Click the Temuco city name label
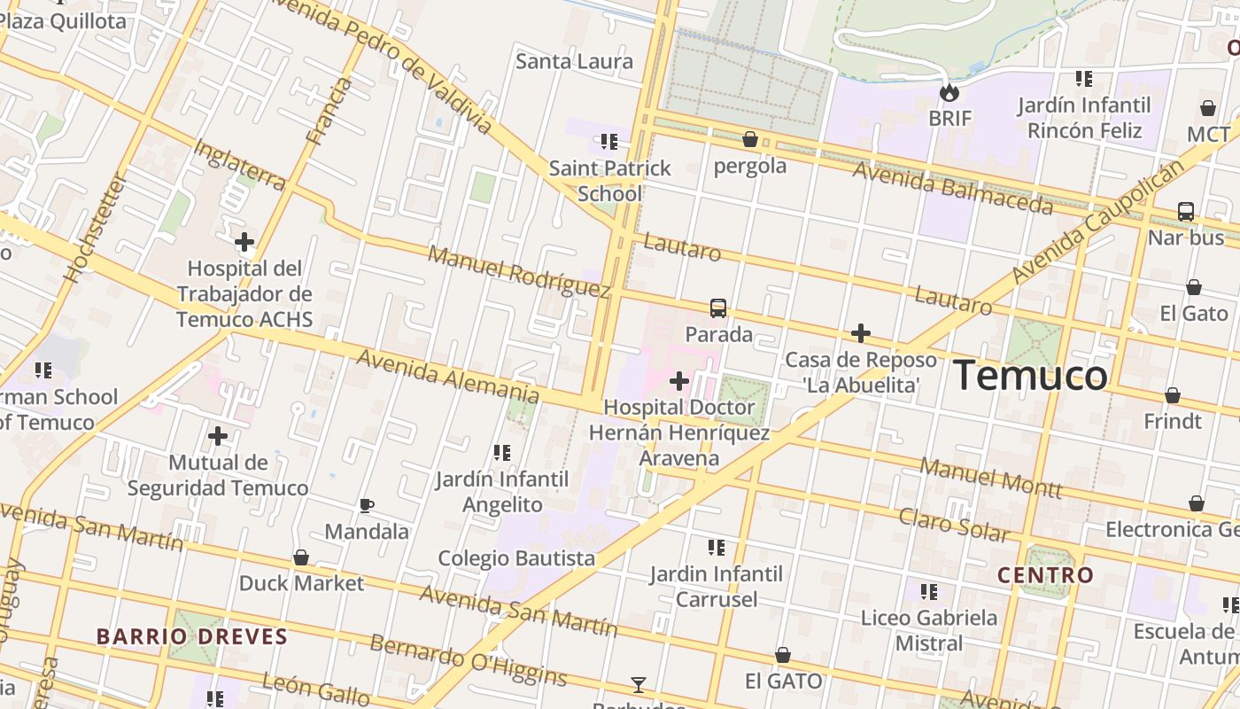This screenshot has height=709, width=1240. (x=1029, y=376)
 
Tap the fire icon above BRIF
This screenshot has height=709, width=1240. (x=949, y=92)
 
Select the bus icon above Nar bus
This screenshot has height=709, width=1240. (x=1185, y=212)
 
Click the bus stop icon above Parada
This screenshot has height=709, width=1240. (x=718, y=308)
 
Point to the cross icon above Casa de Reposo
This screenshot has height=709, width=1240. (x=860, y=333)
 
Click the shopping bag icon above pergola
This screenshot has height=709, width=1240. (x=749, y=139)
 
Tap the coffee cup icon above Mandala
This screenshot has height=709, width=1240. (x=366, y=506)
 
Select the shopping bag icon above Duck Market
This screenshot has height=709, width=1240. (x=301, y=557)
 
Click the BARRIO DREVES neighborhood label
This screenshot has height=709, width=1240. (x=192, y=636)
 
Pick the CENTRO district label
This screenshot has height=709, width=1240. (x=1045, y=575)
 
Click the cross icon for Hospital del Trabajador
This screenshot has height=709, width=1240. (x=244, y=241)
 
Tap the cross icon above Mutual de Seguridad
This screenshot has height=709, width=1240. (x=218, y=436)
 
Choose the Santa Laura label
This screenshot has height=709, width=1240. (x=574, y=61)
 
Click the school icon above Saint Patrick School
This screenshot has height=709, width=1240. (x=609, y=141)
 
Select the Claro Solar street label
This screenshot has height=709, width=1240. (x=953, y=524)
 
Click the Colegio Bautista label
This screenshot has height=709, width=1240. (x=516, y=558)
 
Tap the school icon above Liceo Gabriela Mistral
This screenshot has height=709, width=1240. (x=928, y=591)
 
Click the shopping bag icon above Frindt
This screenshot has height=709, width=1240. (x=1172, y=395)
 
